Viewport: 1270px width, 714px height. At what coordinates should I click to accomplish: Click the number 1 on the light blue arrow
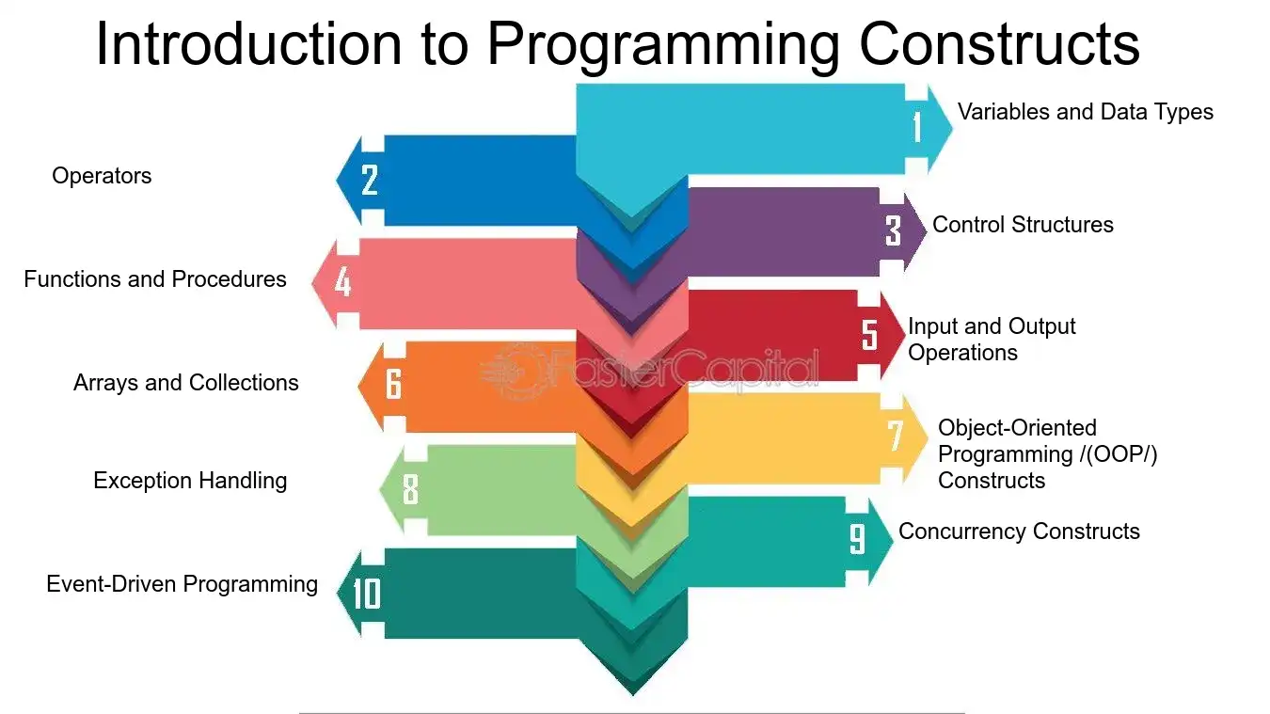(x=917, y=126)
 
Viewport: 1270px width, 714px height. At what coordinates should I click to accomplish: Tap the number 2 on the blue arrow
(x=370, y=180)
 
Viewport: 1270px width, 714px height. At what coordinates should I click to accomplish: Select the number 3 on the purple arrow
(x=893, y=230)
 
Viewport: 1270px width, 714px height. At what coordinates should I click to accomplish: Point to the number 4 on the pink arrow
(x=343, y=281)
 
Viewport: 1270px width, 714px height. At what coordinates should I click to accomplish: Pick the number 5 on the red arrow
(x=870, y=334)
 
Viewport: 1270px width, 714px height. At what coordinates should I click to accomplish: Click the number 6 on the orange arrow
(x=393, y=384)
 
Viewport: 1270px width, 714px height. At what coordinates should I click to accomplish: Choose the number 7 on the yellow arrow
(x=896, y=436)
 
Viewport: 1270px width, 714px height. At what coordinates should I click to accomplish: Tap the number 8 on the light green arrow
(x=410, y=489)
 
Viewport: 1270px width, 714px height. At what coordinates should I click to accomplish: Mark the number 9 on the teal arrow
(x=857, y=538)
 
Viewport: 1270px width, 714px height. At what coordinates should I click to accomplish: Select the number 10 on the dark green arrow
(x=367, y=594)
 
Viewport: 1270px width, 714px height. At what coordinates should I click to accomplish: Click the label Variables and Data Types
(x=1086, y=112)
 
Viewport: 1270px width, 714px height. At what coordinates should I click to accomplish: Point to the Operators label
(x=102, y=176)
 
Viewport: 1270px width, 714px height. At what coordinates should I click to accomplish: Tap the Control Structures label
(x=1023, y=225)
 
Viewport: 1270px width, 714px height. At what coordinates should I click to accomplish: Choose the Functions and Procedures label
(x=155, y=279)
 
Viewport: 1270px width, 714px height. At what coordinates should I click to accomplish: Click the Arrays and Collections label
(x=186, y=383)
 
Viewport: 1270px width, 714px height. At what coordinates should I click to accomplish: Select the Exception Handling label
(x=190, y=481)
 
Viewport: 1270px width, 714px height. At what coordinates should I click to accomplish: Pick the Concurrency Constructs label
(x=1019, y=532)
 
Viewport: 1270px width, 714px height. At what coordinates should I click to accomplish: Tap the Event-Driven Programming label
(x=182, y=584)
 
